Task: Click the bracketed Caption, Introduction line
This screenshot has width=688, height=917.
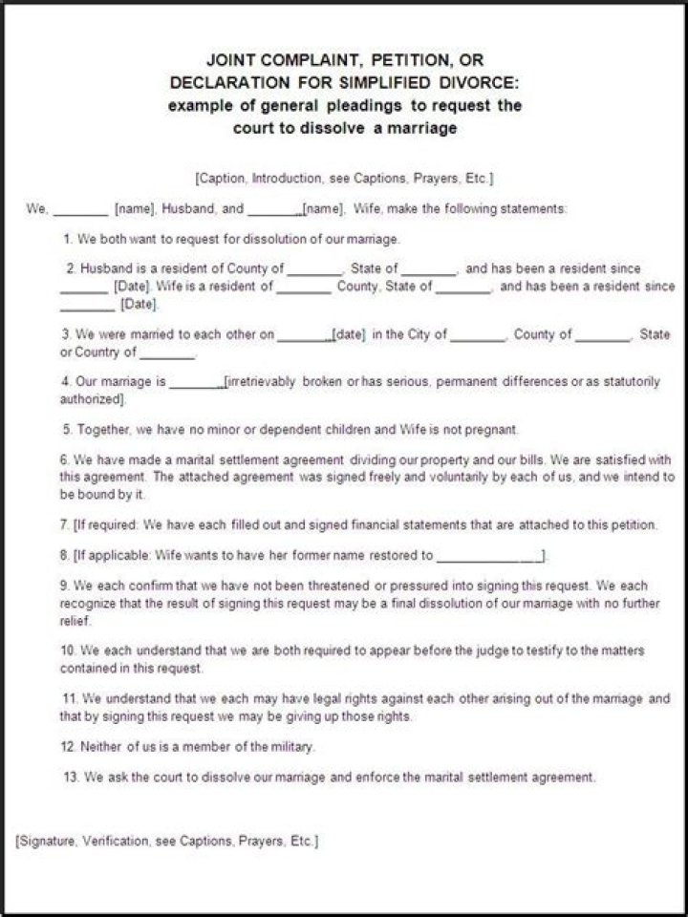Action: click(344, 178)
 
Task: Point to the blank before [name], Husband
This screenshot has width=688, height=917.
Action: click(80, 209)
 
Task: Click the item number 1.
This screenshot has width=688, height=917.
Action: click(67, 239)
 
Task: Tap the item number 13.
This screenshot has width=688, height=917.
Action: click(70, 778)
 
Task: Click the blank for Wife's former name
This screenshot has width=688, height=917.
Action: click(490, 555)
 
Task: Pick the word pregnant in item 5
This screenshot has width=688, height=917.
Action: click(493, 430)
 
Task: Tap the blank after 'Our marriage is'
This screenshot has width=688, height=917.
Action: click(196, 384)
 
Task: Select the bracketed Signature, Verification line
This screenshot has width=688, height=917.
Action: click(167, 842)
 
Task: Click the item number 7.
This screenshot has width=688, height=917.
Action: click(64, 525)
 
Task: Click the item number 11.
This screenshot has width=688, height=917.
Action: click(70, 699)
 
